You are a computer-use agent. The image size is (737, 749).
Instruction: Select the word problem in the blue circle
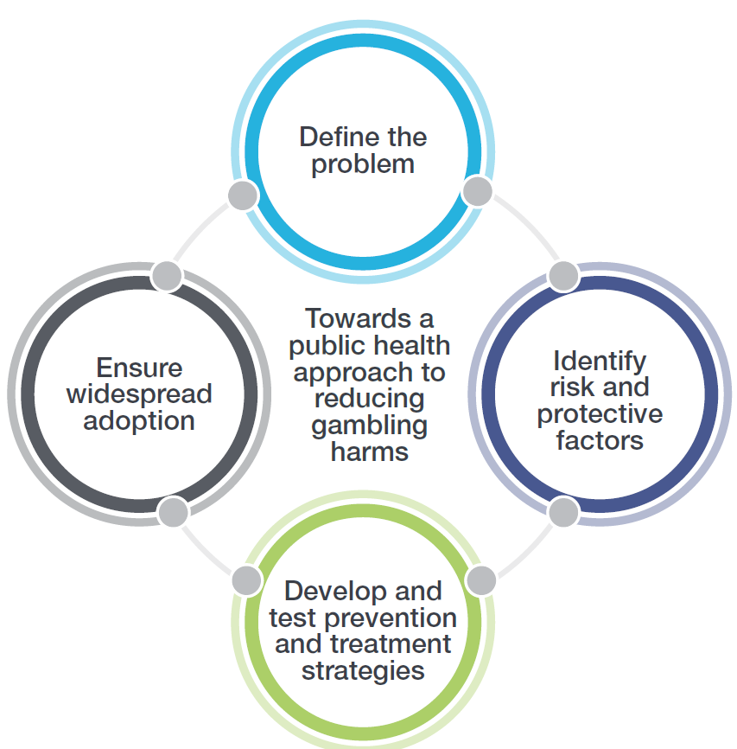363,164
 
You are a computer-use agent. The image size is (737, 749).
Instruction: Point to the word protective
600,413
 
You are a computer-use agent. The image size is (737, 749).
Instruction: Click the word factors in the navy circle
600,440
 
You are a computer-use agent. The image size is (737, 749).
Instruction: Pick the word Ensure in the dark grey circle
139,368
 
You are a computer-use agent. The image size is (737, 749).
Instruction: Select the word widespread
139,394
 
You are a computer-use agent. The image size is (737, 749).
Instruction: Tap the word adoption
139,421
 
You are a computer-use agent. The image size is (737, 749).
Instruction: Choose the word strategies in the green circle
363,670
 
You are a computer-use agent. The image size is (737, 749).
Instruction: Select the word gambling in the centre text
370,425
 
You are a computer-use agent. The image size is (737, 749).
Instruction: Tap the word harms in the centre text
370,451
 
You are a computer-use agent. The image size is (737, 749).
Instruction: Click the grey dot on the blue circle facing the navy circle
477,191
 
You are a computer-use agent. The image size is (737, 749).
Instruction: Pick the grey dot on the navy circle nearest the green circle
563,512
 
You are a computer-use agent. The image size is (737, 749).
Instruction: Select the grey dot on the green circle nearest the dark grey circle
246,579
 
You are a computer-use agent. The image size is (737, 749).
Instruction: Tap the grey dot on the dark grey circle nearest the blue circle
166,276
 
